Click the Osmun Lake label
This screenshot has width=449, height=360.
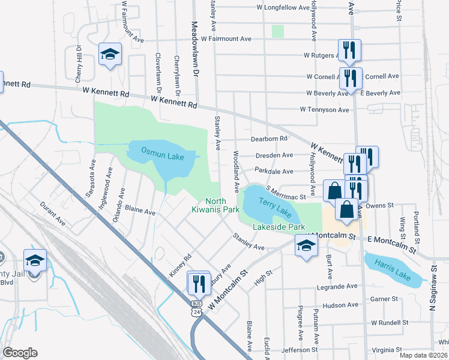[162, 156]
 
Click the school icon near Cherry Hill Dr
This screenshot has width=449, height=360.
[110, 55]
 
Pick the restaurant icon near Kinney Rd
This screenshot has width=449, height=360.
[199, 283]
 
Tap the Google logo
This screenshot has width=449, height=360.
[20, 353]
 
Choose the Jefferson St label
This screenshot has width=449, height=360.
[297, 349]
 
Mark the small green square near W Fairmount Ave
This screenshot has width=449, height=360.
[277, 31]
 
